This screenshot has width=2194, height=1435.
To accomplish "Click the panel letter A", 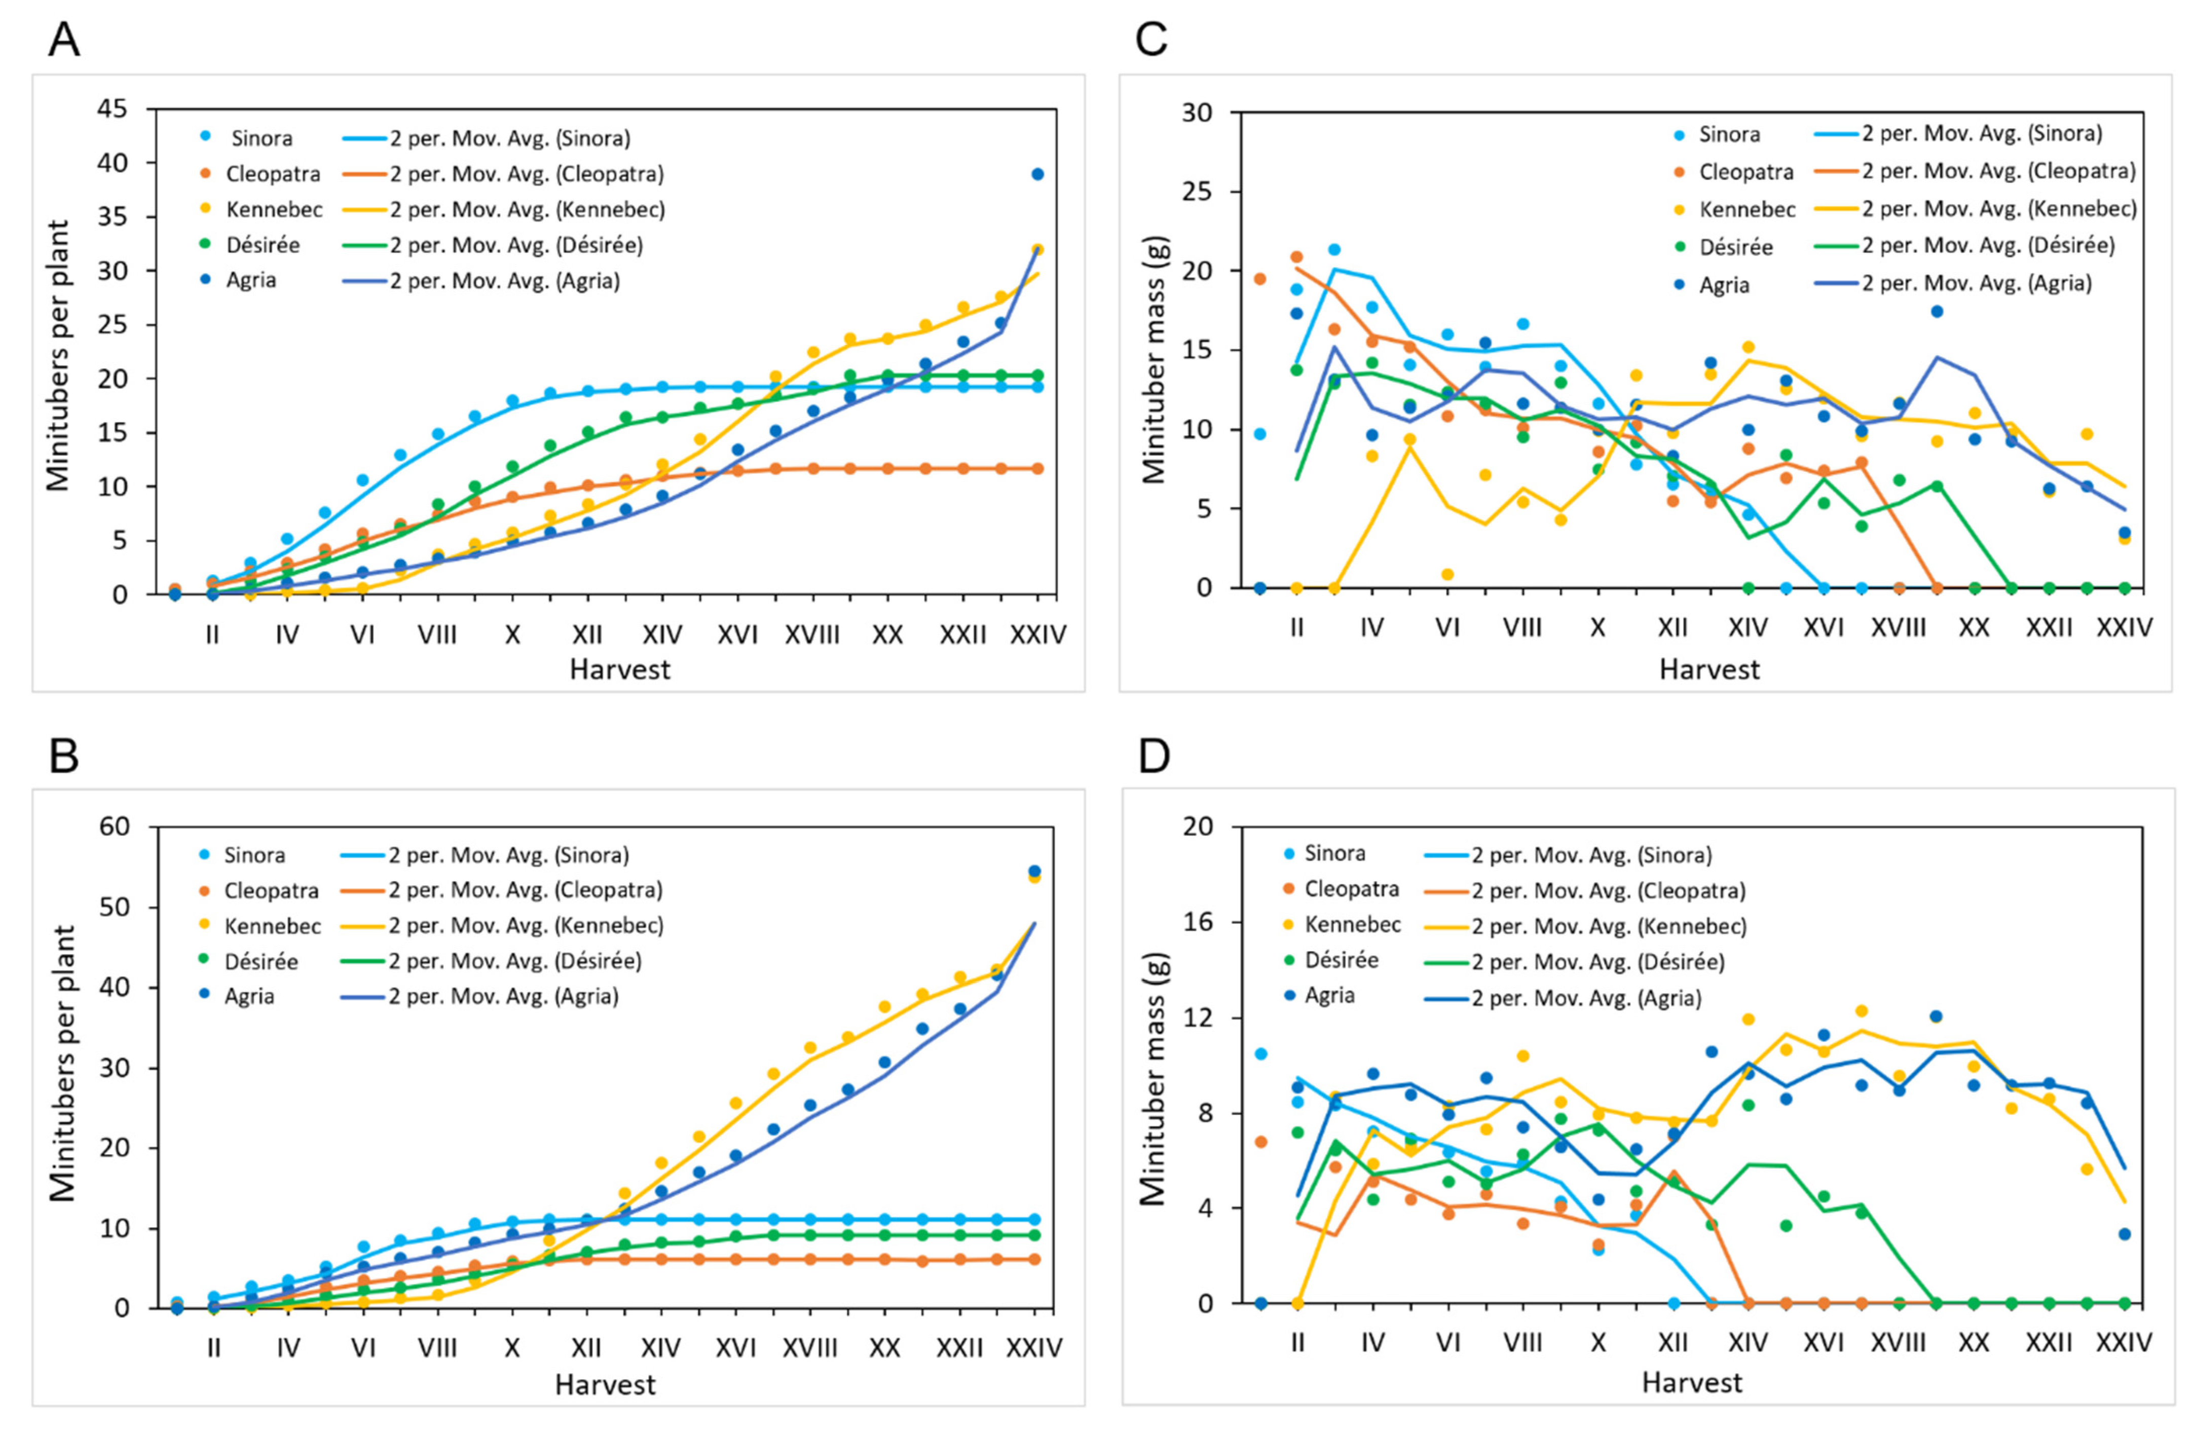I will (x=64, y=40).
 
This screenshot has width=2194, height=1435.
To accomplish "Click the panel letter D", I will (x=1154, y=756).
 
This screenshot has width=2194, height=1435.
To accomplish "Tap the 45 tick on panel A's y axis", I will (x=113, y=109).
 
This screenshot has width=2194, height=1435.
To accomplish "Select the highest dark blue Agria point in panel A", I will (x=1037, y=174).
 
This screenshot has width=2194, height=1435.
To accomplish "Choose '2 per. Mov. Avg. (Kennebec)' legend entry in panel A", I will (x=527, y=209).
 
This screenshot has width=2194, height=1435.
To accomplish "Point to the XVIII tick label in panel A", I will (x=812, y=635).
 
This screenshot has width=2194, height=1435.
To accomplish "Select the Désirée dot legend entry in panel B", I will (x=261, y=961).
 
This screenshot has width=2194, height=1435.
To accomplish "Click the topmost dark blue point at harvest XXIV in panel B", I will (x=1034, y=871).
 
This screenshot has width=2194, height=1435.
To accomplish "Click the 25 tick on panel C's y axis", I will (x=1199, y=192).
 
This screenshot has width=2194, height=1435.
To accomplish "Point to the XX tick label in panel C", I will (x=1974, y=628).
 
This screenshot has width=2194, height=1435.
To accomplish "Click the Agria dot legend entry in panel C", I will (x=1724, y=285).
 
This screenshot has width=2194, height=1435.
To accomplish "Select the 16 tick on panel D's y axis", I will (x=1199, y=923).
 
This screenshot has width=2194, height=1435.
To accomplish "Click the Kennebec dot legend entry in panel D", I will (x=1352, y=924).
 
